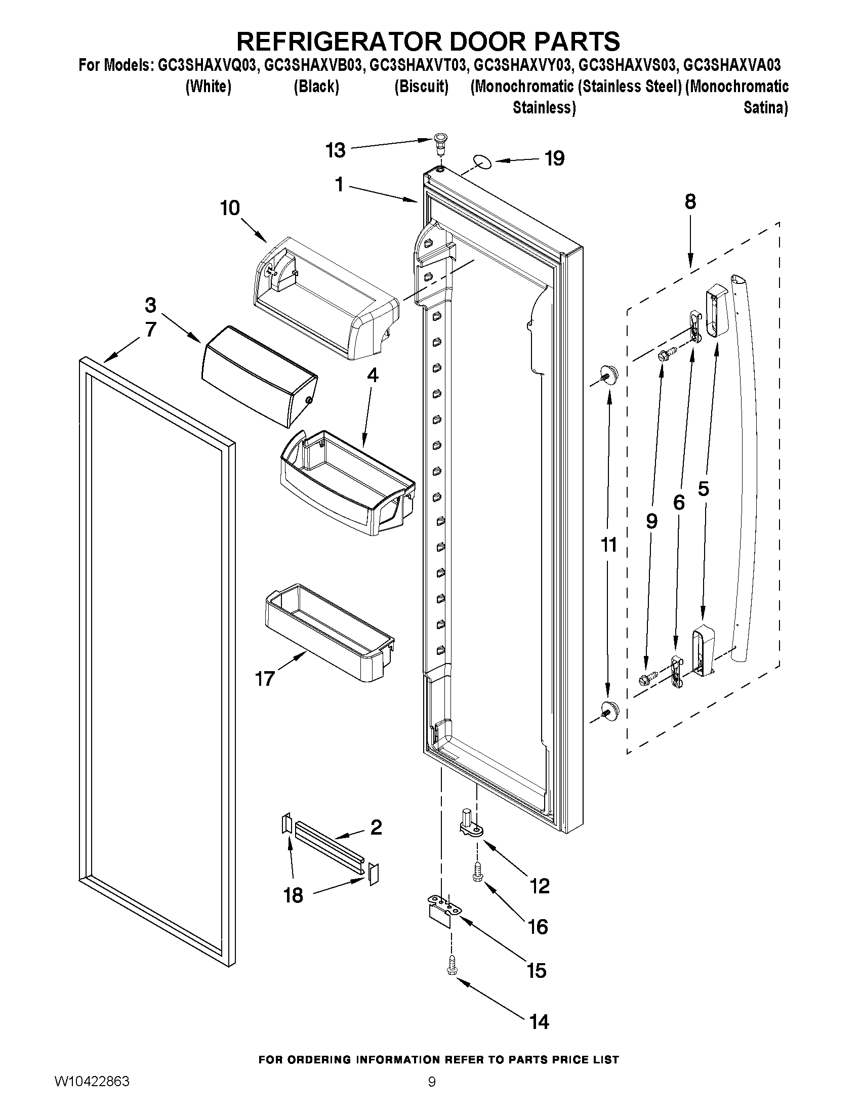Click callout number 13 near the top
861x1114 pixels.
click(x=336, y=150)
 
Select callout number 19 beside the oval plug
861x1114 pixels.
click(x=554, y=158)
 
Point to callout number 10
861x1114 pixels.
click(x=229, y=208)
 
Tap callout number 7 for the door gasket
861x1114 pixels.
click(x=150, y=329)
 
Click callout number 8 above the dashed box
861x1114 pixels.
click(x=689, y=202)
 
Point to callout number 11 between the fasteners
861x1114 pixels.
click(x=608, y=545)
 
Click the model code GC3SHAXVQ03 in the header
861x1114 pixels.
click(x=207, y=65)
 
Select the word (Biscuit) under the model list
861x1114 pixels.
click(x=421, y=87)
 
